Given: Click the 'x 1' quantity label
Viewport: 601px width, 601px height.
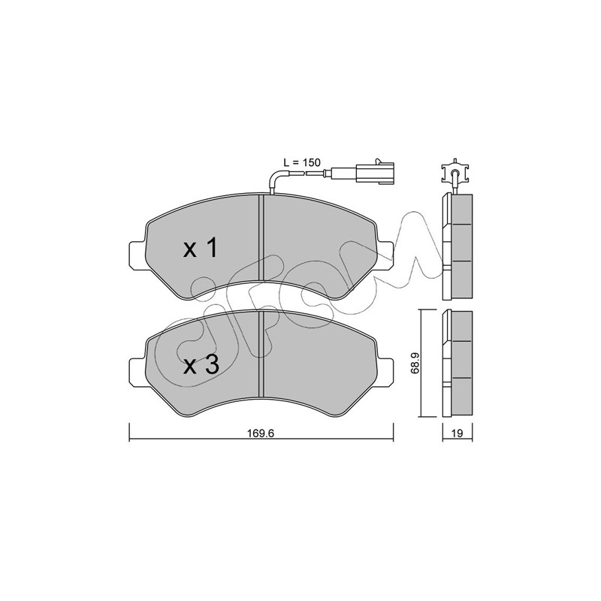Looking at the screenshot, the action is click(x=201, y=248).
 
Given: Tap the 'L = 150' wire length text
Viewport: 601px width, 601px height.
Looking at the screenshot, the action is click(x=302, y=162).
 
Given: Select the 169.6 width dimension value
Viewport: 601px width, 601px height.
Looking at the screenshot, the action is click(x=261, y=433).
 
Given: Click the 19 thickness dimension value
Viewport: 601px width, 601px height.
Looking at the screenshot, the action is click(x=458, y=433).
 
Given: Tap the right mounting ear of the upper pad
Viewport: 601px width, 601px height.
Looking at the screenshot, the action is click(x=385, y=253).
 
